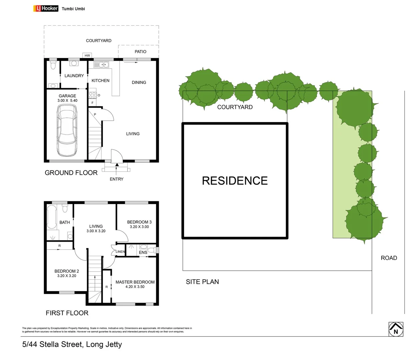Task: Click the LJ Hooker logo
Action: pos(46,8)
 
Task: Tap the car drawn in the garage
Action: pos(67,130)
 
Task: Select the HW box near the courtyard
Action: pos(87,55)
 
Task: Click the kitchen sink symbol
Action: pos(101,64)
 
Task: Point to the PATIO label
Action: pos(140,52)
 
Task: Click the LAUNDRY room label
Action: pos(74,76)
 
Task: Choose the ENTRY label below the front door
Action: pos(116,179)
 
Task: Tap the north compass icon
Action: pos(396,329)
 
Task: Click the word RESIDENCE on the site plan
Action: pos(235,181)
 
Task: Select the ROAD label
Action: pos(389,258)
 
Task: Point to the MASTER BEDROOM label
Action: pos(135,282)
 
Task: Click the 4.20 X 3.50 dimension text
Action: pos(135,287)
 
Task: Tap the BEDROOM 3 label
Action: pos(139,222)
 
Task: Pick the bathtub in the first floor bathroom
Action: pos(52,217)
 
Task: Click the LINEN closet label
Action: pos(120,252)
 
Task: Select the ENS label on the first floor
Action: pos(143,252)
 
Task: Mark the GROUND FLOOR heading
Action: pos(71,173)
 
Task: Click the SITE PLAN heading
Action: pos(202,282)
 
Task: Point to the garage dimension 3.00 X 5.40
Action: pos(67,100)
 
